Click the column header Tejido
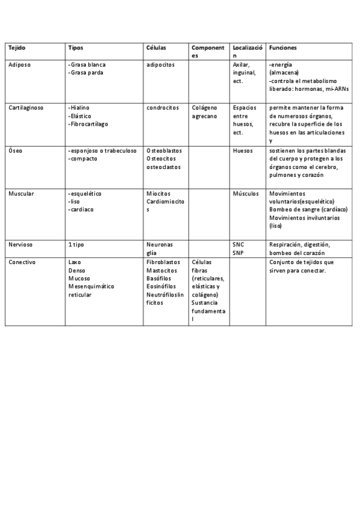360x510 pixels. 17,48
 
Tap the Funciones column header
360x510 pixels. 282,48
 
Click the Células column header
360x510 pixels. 156,48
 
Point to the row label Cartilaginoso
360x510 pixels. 26,108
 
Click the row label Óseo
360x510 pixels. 16,151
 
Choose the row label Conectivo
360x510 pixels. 22,262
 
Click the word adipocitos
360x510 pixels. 160,64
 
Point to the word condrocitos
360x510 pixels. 162,108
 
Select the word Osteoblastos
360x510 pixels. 164,151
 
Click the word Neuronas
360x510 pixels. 159,245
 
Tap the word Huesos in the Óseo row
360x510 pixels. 243,151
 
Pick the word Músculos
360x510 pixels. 245,194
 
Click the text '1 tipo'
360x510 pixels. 76,245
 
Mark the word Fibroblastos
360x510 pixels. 163,262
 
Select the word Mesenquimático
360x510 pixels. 91,287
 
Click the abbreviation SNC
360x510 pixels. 238,245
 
